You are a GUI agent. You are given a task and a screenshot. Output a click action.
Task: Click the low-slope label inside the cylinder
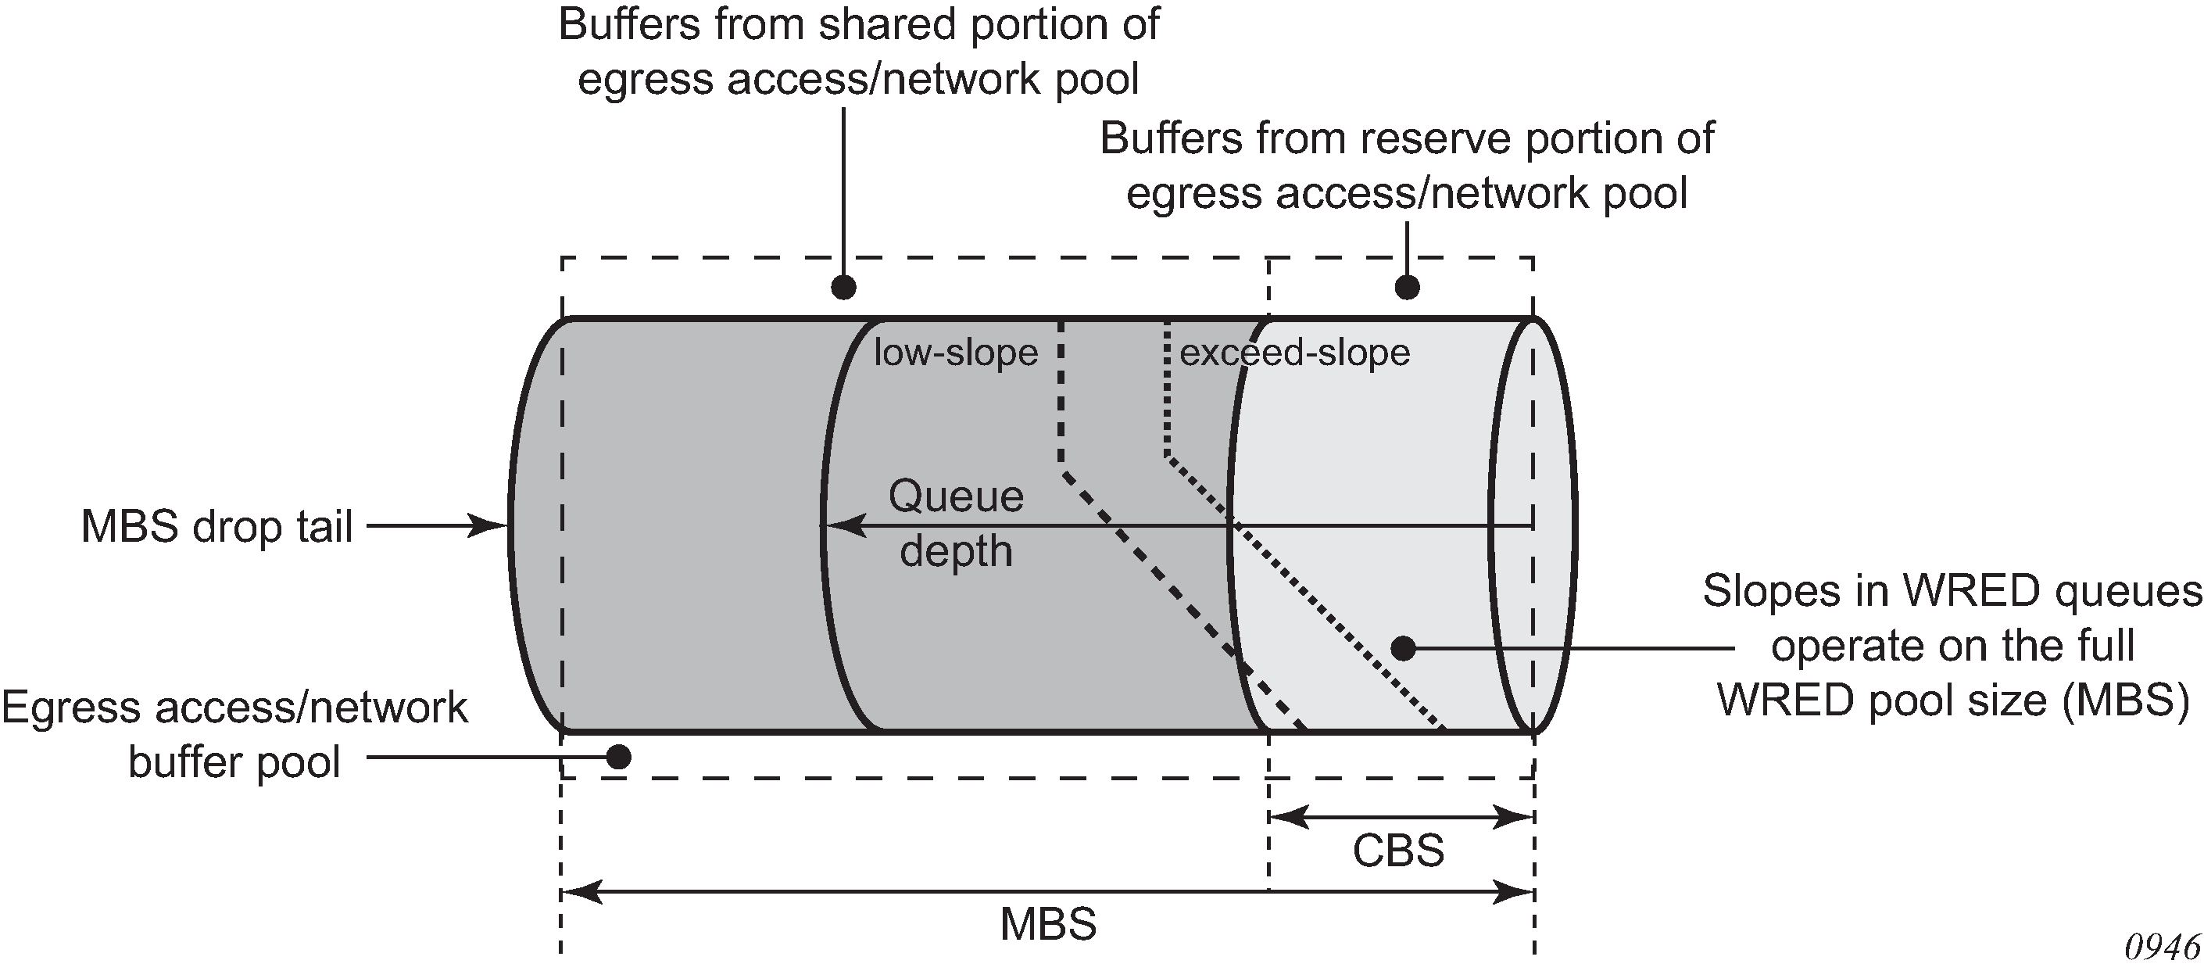pos(956,353)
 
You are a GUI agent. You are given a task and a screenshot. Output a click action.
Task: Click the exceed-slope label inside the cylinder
pos(1294,353)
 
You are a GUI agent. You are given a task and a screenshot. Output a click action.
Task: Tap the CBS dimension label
pos(1398,851)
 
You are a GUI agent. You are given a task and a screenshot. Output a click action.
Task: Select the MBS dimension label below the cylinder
pos(1048,925)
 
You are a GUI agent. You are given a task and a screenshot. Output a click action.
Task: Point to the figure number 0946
pos(2162,947)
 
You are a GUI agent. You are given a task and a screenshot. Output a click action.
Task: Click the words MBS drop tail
pos(216,526)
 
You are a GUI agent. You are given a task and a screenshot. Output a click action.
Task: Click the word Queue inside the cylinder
pos(956,496)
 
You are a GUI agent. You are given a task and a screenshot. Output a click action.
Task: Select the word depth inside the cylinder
pos(956,551)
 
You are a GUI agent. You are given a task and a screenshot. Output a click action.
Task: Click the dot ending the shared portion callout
pos(843,288)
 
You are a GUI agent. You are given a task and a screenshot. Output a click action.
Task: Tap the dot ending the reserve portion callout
pos(1408,288)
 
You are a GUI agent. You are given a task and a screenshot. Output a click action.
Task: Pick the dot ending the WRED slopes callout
pos(1403,648)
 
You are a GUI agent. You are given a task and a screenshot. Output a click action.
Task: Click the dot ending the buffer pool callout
pos(617,757)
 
